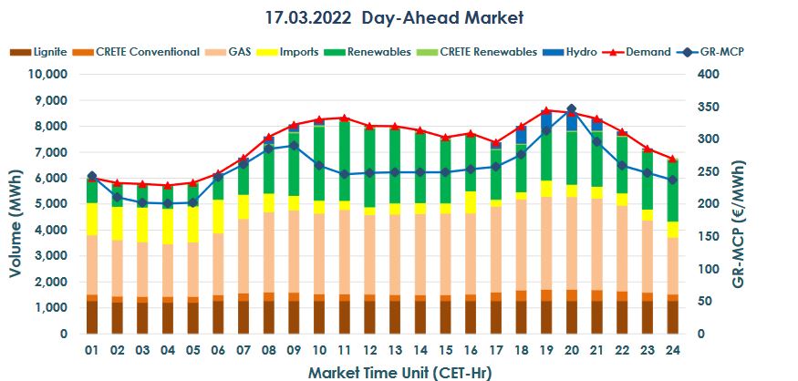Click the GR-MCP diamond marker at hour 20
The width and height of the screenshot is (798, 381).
571,109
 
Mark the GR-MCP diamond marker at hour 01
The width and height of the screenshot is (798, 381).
92,176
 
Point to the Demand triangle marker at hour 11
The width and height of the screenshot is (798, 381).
344,118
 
